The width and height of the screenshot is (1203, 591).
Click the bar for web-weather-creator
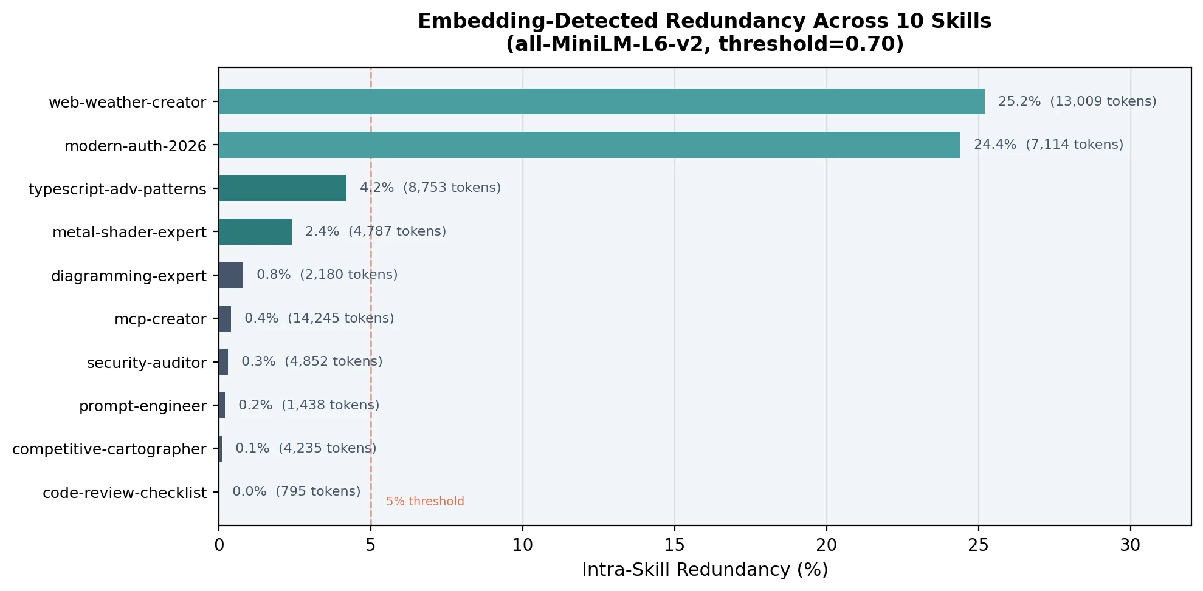602,101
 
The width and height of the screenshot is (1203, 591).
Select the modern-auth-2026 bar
590,145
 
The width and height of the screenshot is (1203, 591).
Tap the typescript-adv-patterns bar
283,188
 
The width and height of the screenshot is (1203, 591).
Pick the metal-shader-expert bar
255,232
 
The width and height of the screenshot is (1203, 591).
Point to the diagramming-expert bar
231,275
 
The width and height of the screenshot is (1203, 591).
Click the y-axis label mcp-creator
160,319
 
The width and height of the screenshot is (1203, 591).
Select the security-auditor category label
146,363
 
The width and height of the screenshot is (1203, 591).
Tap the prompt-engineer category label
143,406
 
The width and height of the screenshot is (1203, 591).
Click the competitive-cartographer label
109,449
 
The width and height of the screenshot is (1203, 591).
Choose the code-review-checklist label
125,493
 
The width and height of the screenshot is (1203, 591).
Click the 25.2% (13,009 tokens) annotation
1077,101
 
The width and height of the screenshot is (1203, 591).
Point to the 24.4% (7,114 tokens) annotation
1049,145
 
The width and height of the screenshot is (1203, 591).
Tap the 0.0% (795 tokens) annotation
297,491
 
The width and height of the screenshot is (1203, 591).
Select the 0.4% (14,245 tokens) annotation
319,318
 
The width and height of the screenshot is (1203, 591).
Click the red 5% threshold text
425,502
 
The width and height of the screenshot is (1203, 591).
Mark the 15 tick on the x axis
675,545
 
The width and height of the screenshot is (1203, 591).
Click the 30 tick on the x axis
1130,545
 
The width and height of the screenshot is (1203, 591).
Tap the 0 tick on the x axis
219,545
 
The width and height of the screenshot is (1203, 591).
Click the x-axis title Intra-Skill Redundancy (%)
705,570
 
